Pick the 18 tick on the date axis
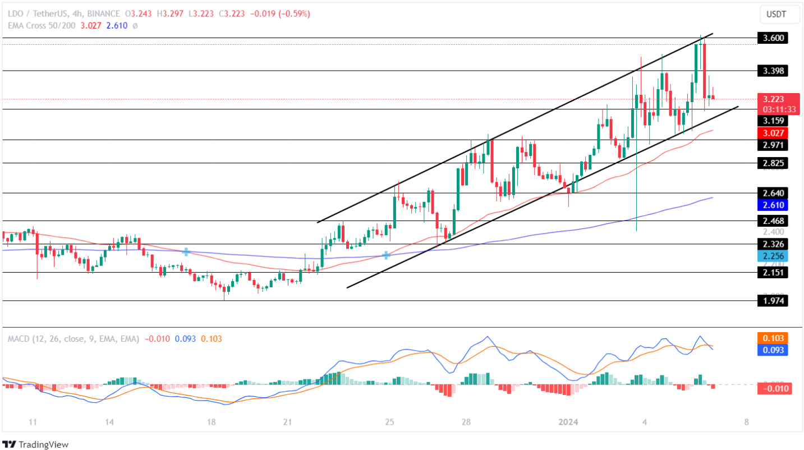[212, 422]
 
